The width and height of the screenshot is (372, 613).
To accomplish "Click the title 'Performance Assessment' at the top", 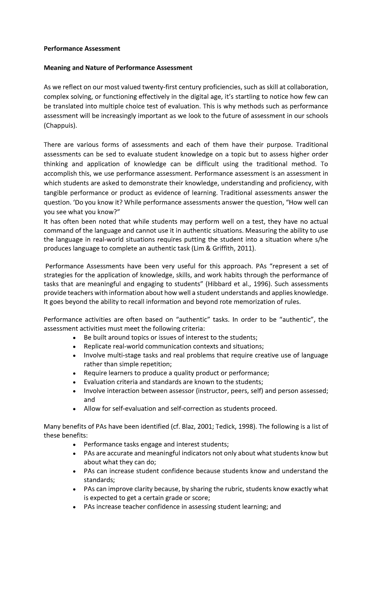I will click(x=82, y=49).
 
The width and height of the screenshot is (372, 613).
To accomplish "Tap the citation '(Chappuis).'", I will click(x=59, y=126).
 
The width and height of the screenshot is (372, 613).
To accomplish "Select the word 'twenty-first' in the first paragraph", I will click(x=158, y=87).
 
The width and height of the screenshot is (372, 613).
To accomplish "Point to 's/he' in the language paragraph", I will click(x=321, y=239).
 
